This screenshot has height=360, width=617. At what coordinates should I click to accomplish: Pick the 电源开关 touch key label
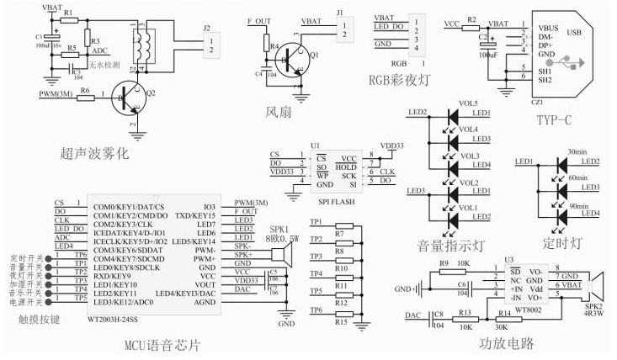coord(25,300)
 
